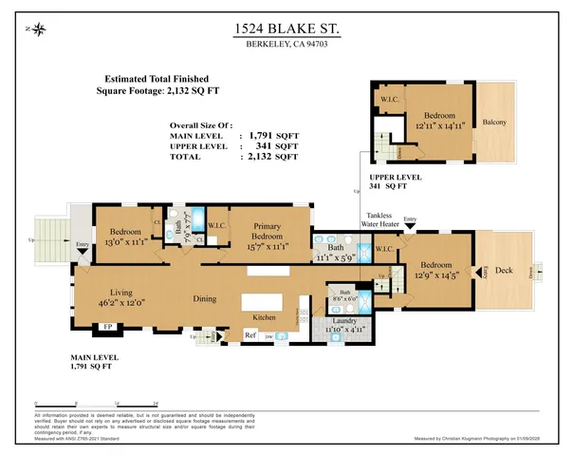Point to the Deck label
coord(504,272)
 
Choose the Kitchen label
coord(265,318)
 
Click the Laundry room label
coord(344,321)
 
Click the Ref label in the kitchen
coord(251,335)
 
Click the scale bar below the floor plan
coord(87,405)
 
